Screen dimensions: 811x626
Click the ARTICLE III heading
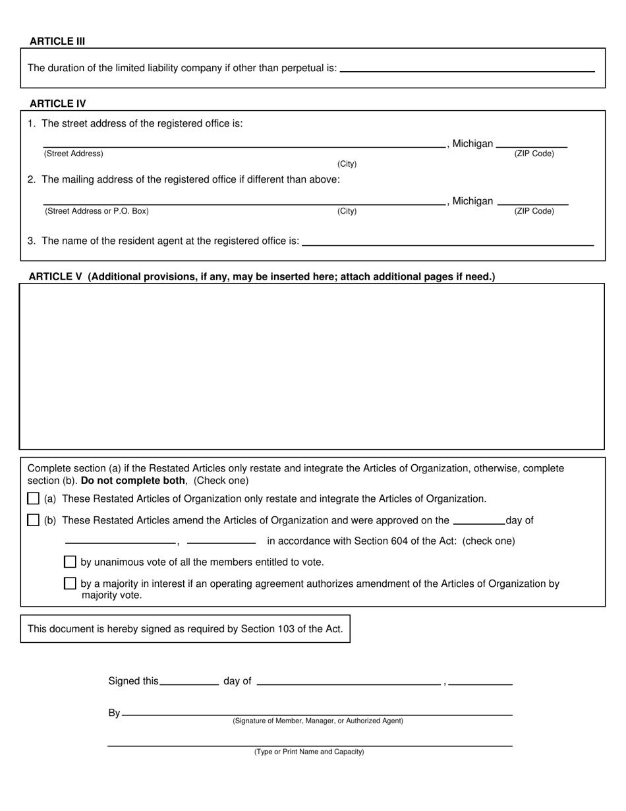click(57, 41)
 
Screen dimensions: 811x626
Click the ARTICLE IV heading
click(57, 104)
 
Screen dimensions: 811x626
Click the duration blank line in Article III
click(467, 67)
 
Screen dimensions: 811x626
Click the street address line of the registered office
click(244, 142)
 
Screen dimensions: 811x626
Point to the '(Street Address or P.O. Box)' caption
click(97, 212)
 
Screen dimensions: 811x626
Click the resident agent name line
click(447, 241)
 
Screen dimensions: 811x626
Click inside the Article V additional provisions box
click(312, 366)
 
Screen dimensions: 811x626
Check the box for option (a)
click(34, 498)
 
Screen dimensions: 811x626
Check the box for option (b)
click(34, 520)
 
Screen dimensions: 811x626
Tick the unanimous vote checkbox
click(70, 562)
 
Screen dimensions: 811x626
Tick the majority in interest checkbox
click(70, 584)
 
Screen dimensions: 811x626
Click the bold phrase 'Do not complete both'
click(133, 481)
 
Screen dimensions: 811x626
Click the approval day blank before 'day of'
click(479, 520)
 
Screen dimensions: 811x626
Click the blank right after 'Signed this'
click(189, 681)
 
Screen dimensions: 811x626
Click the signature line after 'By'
click(317, 711)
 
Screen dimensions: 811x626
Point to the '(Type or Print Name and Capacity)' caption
click(309, 752)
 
